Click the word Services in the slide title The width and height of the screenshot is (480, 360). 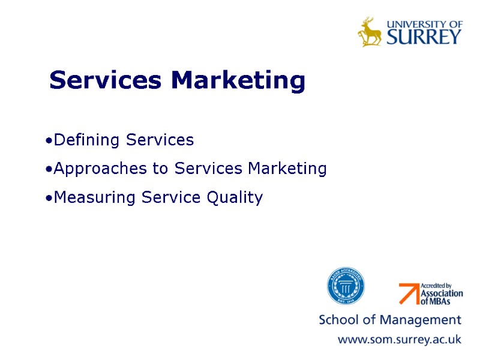(105, 80)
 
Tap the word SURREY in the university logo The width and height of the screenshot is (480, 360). (424, 37)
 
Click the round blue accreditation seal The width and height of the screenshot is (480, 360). (346, 286)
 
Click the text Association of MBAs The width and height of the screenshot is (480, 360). (442, 297)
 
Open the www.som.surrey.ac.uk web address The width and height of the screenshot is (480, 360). (400, 340)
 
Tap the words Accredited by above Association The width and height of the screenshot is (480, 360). (436, 286)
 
